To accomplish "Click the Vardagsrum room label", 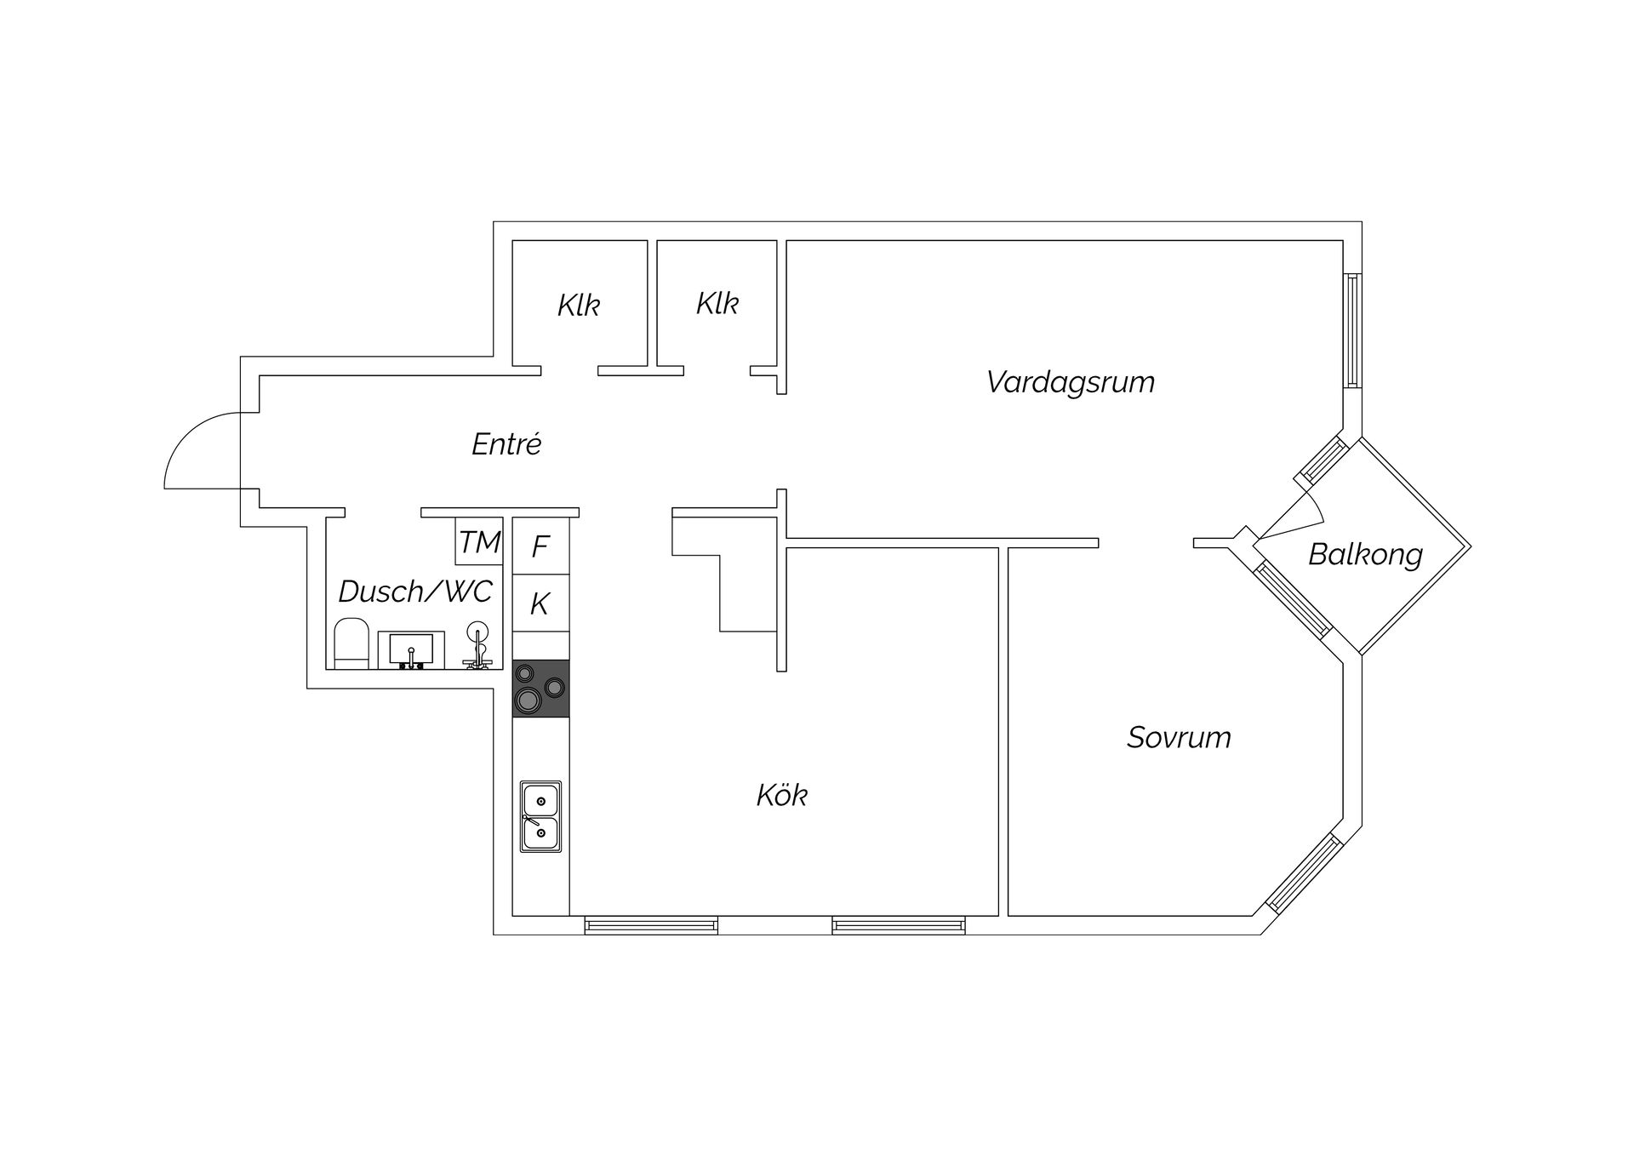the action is [1071, 382].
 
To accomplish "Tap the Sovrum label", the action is [1179, 737].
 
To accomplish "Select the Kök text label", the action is [781, 795].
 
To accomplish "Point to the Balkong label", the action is [1365, 555].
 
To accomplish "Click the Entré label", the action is [506, 443].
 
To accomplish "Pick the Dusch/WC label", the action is [415, 592].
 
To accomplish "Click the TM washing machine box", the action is [479, 540].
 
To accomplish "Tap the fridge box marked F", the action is [540, 546].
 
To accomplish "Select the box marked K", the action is [540, 603].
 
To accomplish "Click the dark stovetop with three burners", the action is [540, 689].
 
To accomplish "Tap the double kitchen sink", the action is [540, 817].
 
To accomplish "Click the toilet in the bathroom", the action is [351, 644].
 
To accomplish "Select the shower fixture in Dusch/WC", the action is [477, 646].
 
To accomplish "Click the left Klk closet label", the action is [579, 306].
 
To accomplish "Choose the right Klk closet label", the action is [717, 304].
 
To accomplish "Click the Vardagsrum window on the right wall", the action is [1352, 331].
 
